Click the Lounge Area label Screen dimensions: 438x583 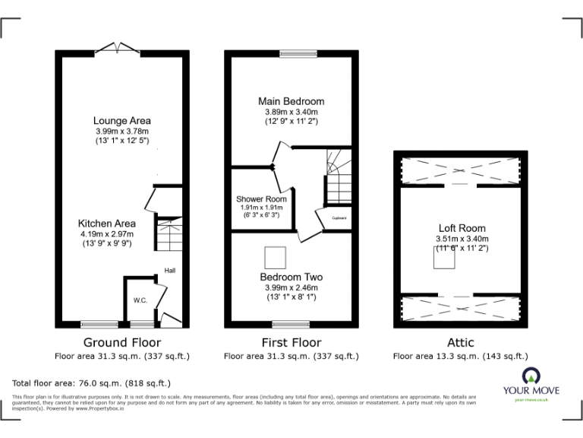tap(121, 120)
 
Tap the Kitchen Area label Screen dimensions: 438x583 tap(106, 223)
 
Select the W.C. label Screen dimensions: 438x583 tap(140, 300)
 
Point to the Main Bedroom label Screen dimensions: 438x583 tap(291, 101)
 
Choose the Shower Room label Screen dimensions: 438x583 tap(261, 198)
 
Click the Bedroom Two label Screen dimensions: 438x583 tap(291, 277)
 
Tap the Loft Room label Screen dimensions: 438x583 tap(462, 228)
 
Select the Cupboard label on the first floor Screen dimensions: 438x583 tap(338, 219)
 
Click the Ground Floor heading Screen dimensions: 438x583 tap(122, 342)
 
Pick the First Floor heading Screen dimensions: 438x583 tap(291, 342)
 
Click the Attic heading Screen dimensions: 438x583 tap(460, 342)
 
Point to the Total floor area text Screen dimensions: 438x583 tap(92, 383)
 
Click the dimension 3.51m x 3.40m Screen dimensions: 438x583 tap(462, 238)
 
